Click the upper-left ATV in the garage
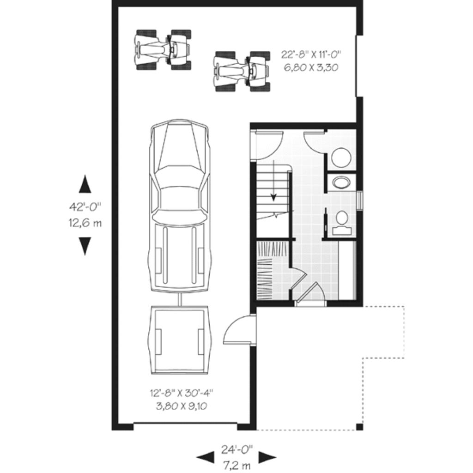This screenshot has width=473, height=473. tap(163, 49)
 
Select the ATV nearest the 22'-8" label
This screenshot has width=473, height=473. tap(242, 71)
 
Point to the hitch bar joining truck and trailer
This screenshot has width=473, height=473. tap(179, 299)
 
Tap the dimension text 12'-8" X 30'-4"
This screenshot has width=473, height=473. tap(181, 394)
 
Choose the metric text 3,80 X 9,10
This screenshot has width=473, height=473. tap(181, 407)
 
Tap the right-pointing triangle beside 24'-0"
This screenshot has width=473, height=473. tap(267, 457)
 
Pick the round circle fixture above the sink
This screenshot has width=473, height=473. tap(342, 158)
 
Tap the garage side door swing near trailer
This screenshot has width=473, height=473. tap(238, 331)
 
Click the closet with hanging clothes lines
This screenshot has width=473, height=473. tap(270, 273)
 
